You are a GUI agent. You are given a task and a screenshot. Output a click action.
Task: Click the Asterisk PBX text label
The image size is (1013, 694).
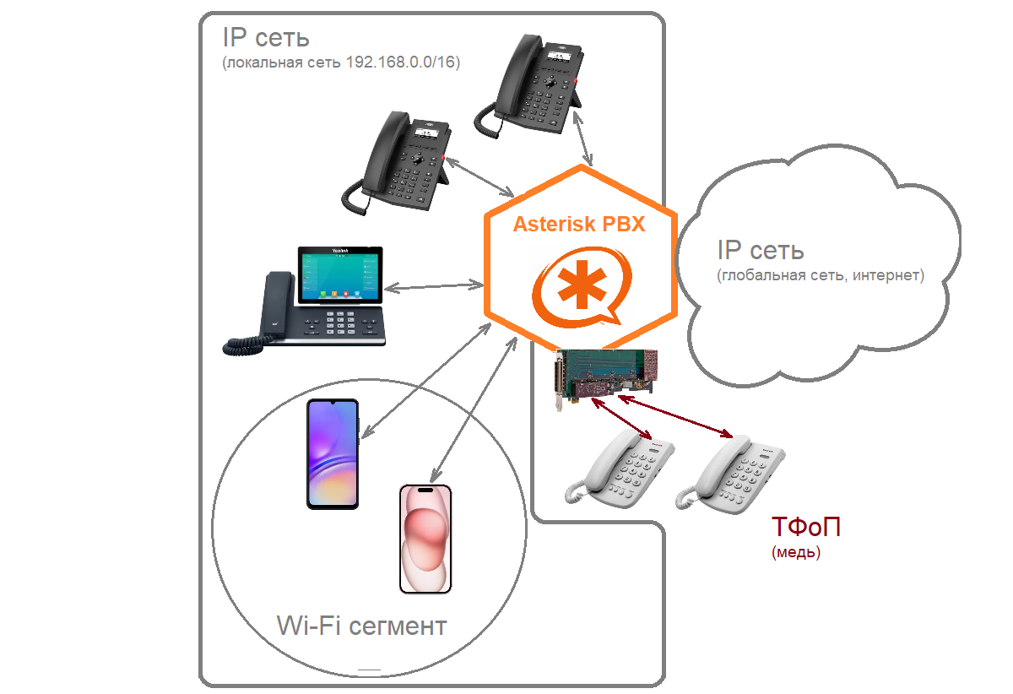click(x=579, y=225)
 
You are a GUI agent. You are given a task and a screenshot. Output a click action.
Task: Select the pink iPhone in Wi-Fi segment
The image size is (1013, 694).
click(x=425, y=539)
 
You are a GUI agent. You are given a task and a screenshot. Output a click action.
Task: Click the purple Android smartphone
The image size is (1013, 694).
click(x=333, y=454)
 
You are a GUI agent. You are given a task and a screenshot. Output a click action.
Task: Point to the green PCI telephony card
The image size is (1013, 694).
click(x=604, y=376)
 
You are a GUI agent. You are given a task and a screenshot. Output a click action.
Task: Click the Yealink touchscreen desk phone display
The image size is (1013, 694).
click(x=339, y=275)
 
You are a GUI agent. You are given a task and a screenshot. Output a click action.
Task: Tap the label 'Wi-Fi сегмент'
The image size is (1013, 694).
click(x=361, y=626)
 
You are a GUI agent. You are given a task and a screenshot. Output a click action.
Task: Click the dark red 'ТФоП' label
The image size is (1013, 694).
click(x=805, y=528)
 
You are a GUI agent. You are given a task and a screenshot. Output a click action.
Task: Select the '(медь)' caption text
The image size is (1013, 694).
click(x=795, y=554)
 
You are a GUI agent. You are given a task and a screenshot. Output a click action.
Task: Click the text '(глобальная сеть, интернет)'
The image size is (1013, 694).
click(x=820, y=275)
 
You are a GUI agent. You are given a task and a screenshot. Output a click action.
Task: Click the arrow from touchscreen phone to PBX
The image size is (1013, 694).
click(x=430, y=286)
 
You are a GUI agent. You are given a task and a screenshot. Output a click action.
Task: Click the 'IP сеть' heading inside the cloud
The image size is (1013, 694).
click(x=760, y=250)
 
